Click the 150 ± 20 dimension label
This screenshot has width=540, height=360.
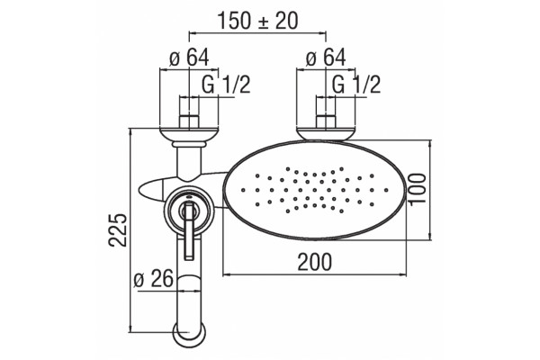click(x=257, y=21)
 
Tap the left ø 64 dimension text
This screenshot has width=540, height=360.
click(x=189, y=58)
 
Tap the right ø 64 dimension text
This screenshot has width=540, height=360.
click(x=326, y=58)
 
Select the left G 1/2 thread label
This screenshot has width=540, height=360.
click(x=226, y=85)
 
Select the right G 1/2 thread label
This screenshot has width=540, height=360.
click(x=356, y=85)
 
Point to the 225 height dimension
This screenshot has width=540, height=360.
click(x=118, y=229)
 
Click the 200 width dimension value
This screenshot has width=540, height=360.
click(x=315, y=262)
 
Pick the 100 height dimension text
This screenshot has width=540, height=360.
click(x=418, y=189)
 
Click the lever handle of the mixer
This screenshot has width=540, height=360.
click(x=189, y=230)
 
